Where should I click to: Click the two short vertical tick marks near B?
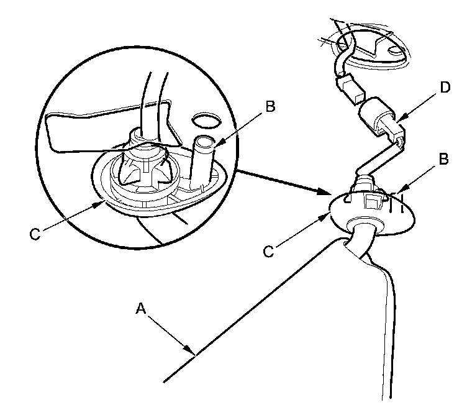[x=399, y=201]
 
